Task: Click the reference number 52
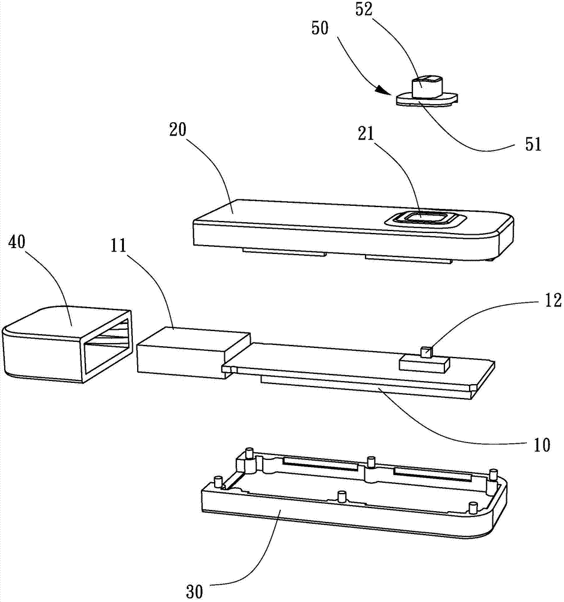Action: coord(364,10)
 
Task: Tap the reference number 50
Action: coord(320,29)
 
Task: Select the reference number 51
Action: coord(533,144)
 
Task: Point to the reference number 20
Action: coord(177,131)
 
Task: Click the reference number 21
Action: coord(366,134)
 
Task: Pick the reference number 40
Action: coord(17,242)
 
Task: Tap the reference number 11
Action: coord(118,246)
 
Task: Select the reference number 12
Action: coord(553,300)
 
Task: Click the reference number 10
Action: coord(542,445)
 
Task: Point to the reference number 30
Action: coord(194,591)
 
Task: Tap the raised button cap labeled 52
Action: coord(427,87)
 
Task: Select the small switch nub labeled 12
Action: coord(426,352)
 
